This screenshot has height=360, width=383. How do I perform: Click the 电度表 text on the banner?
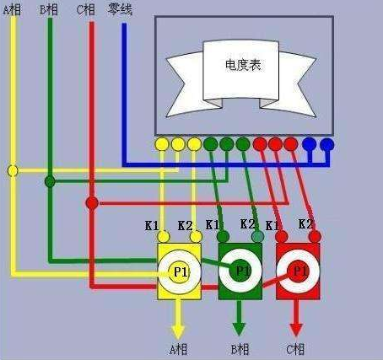(x=243, y=65)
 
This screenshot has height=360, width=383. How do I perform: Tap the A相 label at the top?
(x=12, y=10)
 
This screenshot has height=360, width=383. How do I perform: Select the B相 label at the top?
(x=49, y=10)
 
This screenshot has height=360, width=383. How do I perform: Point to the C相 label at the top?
(x=85, y=10)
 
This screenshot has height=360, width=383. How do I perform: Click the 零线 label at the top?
(x=120, y=10)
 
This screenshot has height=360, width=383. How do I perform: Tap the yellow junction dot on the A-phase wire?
(x=13, y=170)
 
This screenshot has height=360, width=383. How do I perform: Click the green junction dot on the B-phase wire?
(x=50, y=181)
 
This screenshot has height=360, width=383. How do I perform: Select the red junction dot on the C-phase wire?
(x=92, y=202)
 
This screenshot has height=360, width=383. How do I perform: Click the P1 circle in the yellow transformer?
(x=180, y=272)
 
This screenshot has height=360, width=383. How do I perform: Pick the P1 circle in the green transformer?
(x=240, y=271)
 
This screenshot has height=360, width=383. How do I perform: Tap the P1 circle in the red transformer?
(x=299, y=271)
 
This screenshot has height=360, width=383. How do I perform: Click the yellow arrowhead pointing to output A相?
(x=178, y=332)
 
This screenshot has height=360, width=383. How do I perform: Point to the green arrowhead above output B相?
(x=239, y=330)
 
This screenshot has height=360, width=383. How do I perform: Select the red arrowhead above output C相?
(x=296, y=330)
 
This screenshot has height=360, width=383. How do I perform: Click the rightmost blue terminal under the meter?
(x=326, y=145)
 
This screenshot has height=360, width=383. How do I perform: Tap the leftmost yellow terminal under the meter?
(x=162, y=144)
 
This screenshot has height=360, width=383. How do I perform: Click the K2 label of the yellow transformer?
(x=186, y=226)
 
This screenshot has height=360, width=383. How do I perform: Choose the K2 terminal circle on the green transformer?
(x=258, y=237)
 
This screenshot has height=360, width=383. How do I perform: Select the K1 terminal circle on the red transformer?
(x=281, y=237)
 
